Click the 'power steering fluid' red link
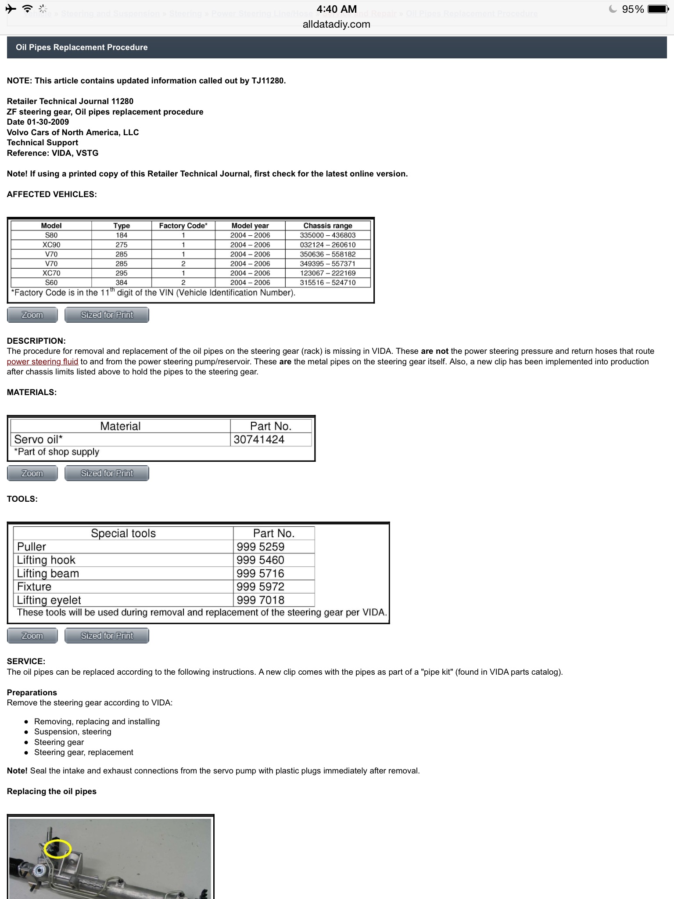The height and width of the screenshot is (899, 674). [x=43, y=362]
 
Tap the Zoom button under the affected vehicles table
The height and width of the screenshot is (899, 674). [x=32, y=315]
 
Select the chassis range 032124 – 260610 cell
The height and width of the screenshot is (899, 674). [x=328, y=245]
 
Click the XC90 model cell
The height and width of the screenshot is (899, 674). [x=51, y=245]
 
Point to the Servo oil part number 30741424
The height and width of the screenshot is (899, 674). [x=259, y=439]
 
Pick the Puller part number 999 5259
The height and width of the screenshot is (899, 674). [x=261, y=547]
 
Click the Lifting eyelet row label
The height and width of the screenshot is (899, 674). [x=49, y=600]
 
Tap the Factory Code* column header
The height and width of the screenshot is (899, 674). [x=183, y=226]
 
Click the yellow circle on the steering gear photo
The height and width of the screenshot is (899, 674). [x=57, y=849]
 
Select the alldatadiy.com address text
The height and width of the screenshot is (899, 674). [x=337, y=25]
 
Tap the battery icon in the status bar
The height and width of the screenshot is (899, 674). [x=658, y=9]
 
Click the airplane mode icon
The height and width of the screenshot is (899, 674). [x=11, y=9]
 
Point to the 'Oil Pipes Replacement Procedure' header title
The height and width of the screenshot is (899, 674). [x=82, y=47]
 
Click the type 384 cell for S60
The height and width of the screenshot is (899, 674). [x=122, y=283]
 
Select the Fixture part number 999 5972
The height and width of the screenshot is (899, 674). [x=261, y=587]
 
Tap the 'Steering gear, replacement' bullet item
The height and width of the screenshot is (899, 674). [x=84, y=752]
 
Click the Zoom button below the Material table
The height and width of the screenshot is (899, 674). [x=32, y=473]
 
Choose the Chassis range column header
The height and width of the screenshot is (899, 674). [x=328, y=226]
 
